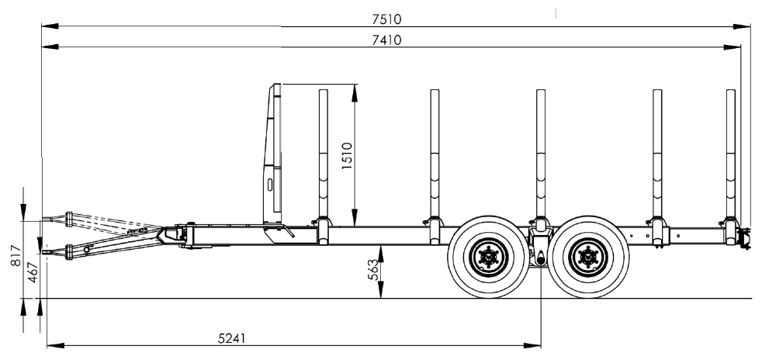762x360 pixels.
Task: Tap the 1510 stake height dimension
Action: pos(347,155)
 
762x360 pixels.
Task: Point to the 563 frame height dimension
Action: pos(373,269)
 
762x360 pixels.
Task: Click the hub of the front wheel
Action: pos(487,256)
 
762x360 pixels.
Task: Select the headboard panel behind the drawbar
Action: pos(272,155)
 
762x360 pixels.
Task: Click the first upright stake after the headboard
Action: pos(323,155)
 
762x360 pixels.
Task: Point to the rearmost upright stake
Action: pos(730,155)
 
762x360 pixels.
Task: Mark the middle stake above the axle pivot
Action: pos(541,155)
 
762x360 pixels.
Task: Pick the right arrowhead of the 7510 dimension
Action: pos(746,27)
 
